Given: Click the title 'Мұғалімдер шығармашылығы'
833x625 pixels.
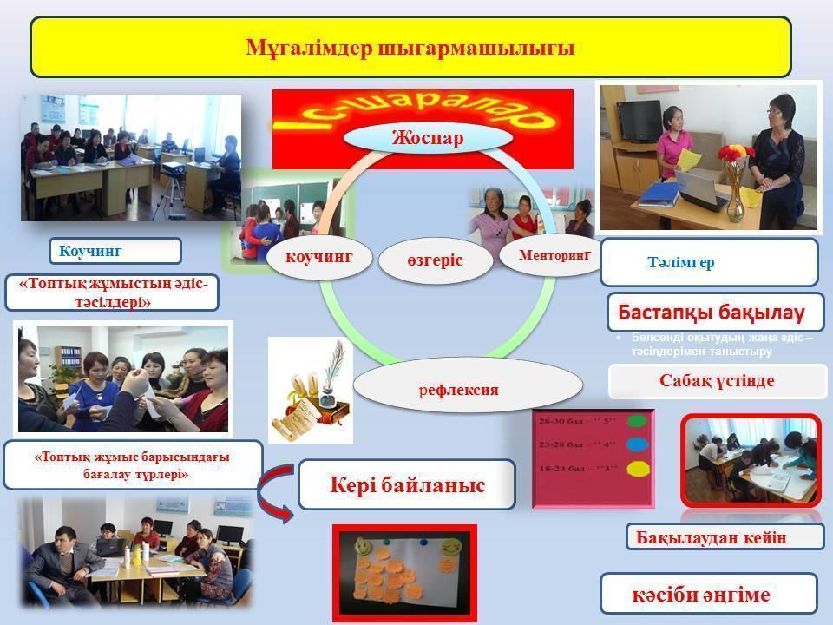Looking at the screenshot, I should pyautogui.click(x=410, y=47).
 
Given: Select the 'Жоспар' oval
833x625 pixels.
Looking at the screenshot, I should pyautogui.click(x=427, y=138).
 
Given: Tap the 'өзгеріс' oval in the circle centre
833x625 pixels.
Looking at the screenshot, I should pyautogui.click(x=435, y=260).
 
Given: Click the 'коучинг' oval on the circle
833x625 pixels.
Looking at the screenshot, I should pyautogui.click(x=318, y=257).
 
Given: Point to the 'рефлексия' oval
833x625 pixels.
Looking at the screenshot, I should pyautogui.click(x=468, y=389).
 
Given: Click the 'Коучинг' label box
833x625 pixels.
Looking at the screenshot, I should pyautogui.click(x=115, y=251).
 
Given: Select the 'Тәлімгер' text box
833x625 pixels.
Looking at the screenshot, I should pyautogui.click(x=709, y=262).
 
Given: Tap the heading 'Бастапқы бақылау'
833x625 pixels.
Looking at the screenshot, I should pyautogui.click(x=711, y=312).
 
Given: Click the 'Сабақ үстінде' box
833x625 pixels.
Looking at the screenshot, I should pyautogui.click(x=717, y=381).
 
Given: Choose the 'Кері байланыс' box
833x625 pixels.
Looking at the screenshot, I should pyautogui.click(x=406, y=484).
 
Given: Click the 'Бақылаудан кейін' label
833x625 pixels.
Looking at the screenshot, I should pyautogui.click(x=724, y=537).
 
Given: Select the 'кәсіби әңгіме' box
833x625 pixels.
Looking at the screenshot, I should pyautogui.click(x=708, y=594).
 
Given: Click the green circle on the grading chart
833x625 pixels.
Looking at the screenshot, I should pyautogui.click(x=637, y=422).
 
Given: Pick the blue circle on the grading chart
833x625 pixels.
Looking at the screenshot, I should pyautogui.click(x=637, y=445).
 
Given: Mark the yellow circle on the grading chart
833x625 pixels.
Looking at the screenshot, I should pyautogui.click(x=637, y=469).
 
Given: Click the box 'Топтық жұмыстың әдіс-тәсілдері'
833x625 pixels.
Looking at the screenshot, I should pyautogui.click(x=111, y=293).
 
